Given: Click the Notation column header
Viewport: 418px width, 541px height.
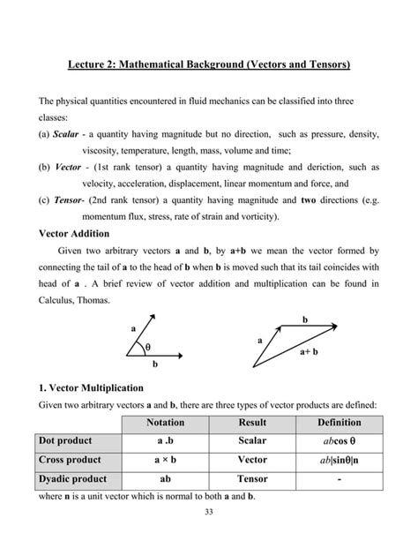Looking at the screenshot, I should [166, 422].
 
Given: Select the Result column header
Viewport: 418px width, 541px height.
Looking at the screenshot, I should [252, 422].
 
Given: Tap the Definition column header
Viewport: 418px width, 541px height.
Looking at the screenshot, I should [339, 422].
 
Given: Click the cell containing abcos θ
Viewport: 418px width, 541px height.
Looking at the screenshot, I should [339, 440].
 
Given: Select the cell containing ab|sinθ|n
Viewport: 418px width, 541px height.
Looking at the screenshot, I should [339, 460].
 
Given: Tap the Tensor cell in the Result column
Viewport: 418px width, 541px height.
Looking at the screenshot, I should [252, 479].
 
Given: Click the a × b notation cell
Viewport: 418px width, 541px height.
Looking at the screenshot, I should [166, 460].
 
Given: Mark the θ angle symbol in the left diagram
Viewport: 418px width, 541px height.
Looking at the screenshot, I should [147, 347].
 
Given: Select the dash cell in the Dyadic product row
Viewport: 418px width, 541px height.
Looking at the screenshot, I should [339, 479].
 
